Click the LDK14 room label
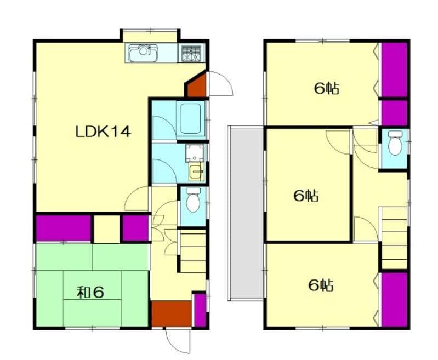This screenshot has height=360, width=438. tap(103, 132)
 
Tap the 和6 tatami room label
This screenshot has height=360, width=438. tap(90, 292)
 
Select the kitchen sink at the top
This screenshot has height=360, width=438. tap(144, 53)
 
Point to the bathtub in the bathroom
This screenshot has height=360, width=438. tap(191, 119)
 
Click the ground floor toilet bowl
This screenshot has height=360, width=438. tap(192, 201)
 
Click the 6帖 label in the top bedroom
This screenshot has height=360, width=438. tap(326, 88)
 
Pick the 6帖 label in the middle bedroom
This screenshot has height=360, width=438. tap(306, 196)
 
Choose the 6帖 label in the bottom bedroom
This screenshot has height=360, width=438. tap(321, 285)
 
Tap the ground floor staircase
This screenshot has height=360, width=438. tap(192, 251)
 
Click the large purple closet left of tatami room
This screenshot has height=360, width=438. tap(63, 228)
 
